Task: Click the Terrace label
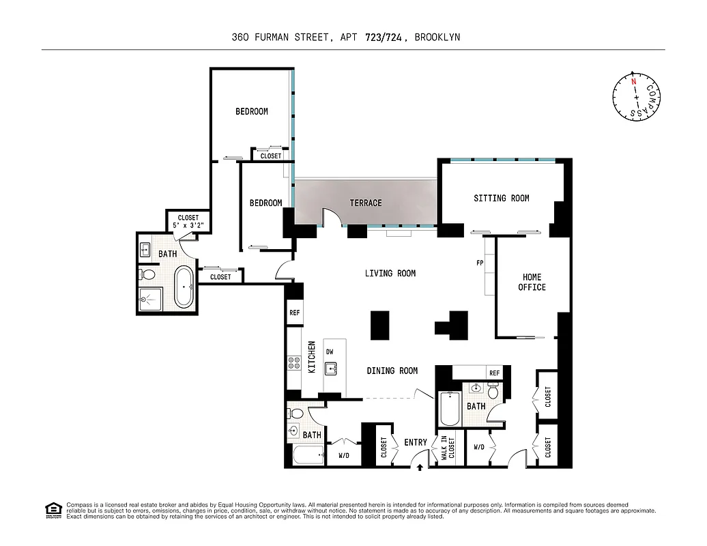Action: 366,203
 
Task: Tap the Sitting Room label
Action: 502,198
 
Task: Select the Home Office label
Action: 532,282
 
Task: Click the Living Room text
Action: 390,273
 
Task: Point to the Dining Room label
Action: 392,371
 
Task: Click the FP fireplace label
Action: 480,263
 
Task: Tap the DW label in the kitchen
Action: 330,351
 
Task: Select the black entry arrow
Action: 420,468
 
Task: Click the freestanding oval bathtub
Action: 184,287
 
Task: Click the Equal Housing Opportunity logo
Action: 53,509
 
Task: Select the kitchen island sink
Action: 332,369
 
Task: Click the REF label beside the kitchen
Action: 295,313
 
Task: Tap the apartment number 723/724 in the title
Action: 384,38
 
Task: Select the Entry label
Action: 415,442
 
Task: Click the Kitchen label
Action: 311,356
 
